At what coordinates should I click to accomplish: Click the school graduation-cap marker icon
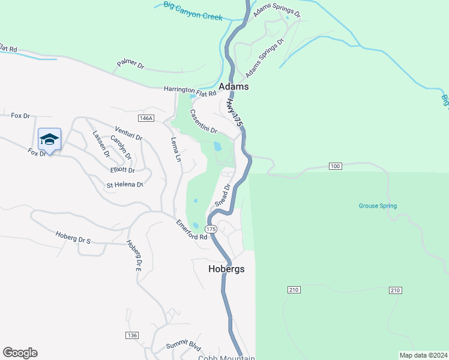[x=49, y=140]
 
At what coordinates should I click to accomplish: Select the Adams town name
[x=234, y=87]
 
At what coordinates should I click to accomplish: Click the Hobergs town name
[x=226, y=269]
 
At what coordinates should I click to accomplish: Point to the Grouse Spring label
[x=378, y=206]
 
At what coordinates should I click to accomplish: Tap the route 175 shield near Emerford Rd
[x=211, y=230]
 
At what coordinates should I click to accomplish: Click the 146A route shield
[x=145, y=119]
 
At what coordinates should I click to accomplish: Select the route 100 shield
[x=335, y=166]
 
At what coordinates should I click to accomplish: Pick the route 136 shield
[x=133, y=335]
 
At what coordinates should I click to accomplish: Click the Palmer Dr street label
[x=131, y=64]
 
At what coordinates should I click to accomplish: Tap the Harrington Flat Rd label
[x=190, y=91]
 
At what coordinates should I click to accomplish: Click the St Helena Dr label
[x=125, y=185]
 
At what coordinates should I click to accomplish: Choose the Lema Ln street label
[x=176, y=150]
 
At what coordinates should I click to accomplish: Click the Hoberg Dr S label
[x=73, y=238]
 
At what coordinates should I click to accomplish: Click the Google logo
[x=20, y=353]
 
